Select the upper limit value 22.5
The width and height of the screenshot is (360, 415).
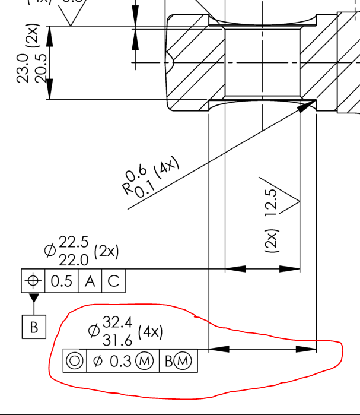click(x=74, y=243)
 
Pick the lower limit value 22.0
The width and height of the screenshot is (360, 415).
click(x=74, y=259)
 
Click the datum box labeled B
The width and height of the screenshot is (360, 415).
click(x=34, y=327)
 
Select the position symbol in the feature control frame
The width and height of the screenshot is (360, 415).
click(x=33, y=280)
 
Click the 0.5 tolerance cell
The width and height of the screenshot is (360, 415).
click(x=62, y=281)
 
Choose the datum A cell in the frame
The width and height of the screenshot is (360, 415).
click(x=90, y=281)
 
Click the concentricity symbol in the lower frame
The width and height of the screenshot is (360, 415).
click(x=75, y=360)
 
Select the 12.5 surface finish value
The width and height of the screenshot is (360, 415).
click(x=272, y=202)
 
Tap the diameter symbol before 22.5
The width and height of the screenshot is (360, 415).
click(x=51, y=250)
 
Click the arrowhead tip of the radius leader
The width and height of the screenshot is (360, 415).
click(x=313, y=102)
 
